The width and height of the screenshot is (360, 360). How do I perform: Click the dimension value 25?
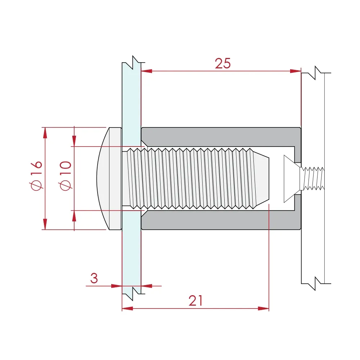pos(222,64)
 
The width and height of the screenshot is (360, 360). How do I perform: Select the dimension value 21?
pos(196,301)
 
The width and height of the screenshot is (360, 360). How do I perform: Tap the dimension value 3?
pos(94,278)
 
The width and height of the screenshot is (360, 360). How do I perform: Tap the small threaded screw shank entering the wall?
pos(313,178)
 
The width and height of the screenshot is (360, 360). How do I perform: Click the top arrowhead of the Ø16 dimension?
pos(45,132)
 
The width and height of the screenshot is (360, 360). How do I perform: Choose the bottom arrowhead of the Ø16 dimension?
pos(45,224)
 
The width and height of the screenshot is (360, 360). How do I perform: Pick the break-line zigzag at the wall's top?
pos(316,71)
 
